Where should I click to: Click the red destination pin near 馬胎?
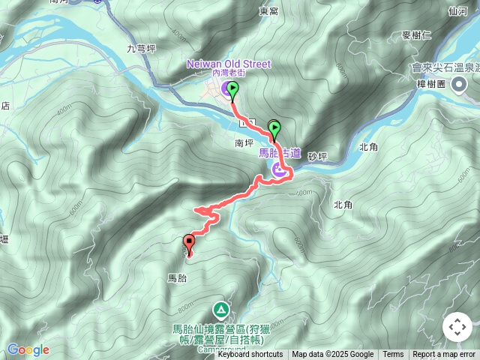click(188, 243)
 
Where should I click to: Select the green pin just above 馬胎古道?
click(274, 128)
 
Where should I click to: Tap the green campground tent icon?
click(220, 309)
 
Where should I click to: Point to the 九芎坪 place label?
click(141, 49)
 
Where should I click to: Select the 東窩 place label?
click(268, 11)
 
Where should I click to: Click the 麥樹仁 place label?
click(416, 34)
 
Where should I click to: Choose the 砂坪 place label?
click(318, 156)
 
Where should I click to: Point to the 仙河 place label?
click(457, 11)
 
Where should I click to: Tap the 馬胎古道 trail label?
click(280, 153)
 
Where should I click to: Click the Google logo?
click(28, 349)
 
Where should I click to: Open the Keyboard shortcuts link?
click(250, 355)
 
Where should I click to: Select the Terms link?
click(393, 355)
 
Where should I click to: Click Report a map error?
click(444, 355)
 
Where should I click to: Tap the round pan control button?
click(457, 327)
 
